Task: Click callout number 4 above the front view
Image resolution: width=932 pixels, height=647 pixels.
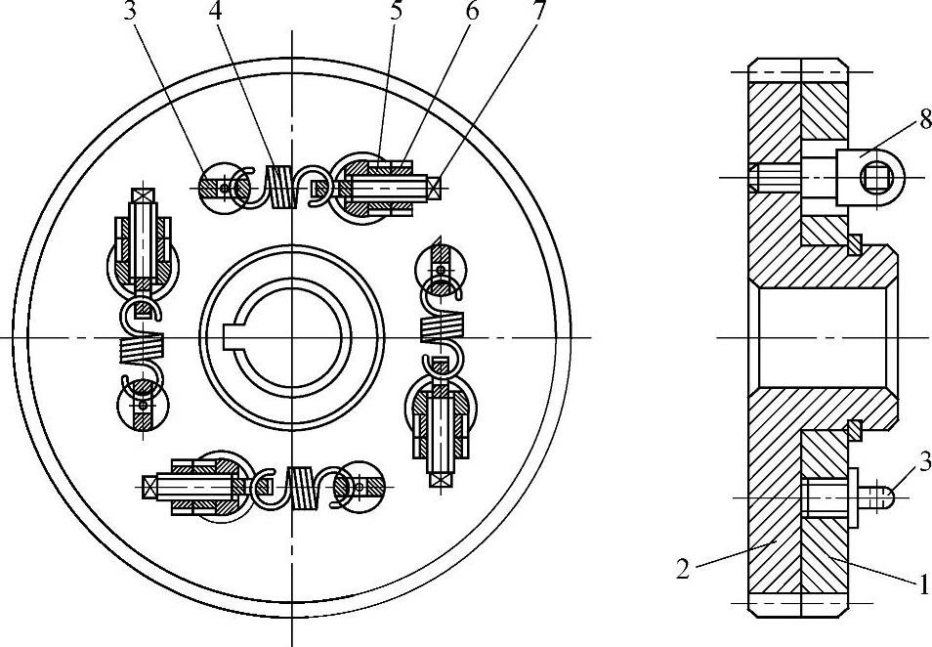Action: pyautogui.click(x=215, y=12)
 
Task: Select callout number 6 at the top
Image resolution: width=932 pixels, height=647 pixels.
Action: pyautogui.click(x=472, y=12)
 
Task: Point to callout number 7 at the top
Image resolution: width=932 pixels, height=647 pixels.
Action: pyautogui.click(x=538, y=12)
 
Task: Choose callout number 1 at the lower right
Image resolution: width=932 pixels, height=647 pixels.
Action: pyautogui.click(x=923, y=584)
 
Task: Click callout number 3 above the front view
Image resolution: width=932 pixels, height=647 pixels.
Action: pyautogui.click(x=130, y=12)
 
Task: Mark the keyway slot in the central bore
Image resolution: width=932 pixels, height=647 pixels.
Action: pyautogui.click(x=231, y=338)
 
